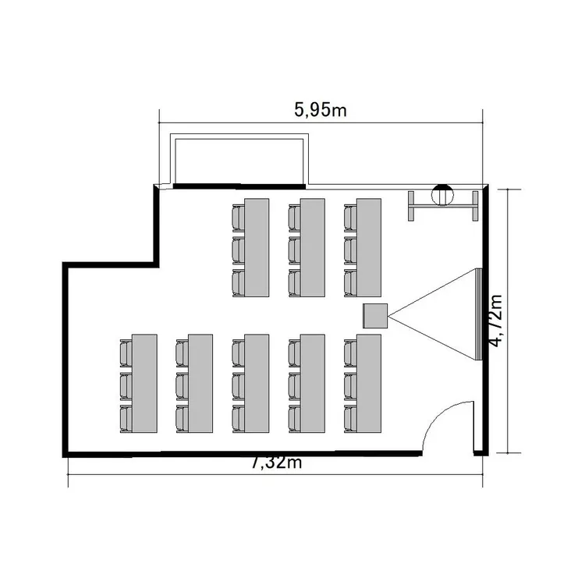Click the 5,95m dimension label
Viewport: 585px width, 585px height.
point(321,110)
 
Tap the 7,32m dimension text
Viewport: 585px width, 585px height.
point(276,463)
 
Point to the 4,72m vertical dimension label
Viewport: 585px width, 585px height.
point(496,321)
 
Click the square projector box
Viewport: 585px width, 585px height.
point(375,316)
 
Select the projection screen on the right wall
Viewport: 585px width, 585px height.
point(479,314)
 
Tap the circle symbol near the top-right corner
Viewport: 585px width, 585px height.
point(442,195)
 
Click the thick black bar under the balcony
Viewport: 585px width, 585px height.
point(239,186)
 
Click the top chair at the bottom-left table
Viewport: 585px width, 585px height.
point(126,353)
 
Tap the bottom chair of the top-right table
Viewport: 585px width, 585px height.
point(350,283)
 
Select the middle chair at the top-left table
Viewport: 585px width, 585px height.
point(239,250)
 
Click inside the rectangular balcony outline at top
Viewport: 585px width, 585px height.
point(239,161)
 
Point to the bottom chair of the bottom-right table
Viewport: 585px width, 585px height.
point(350,419)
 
